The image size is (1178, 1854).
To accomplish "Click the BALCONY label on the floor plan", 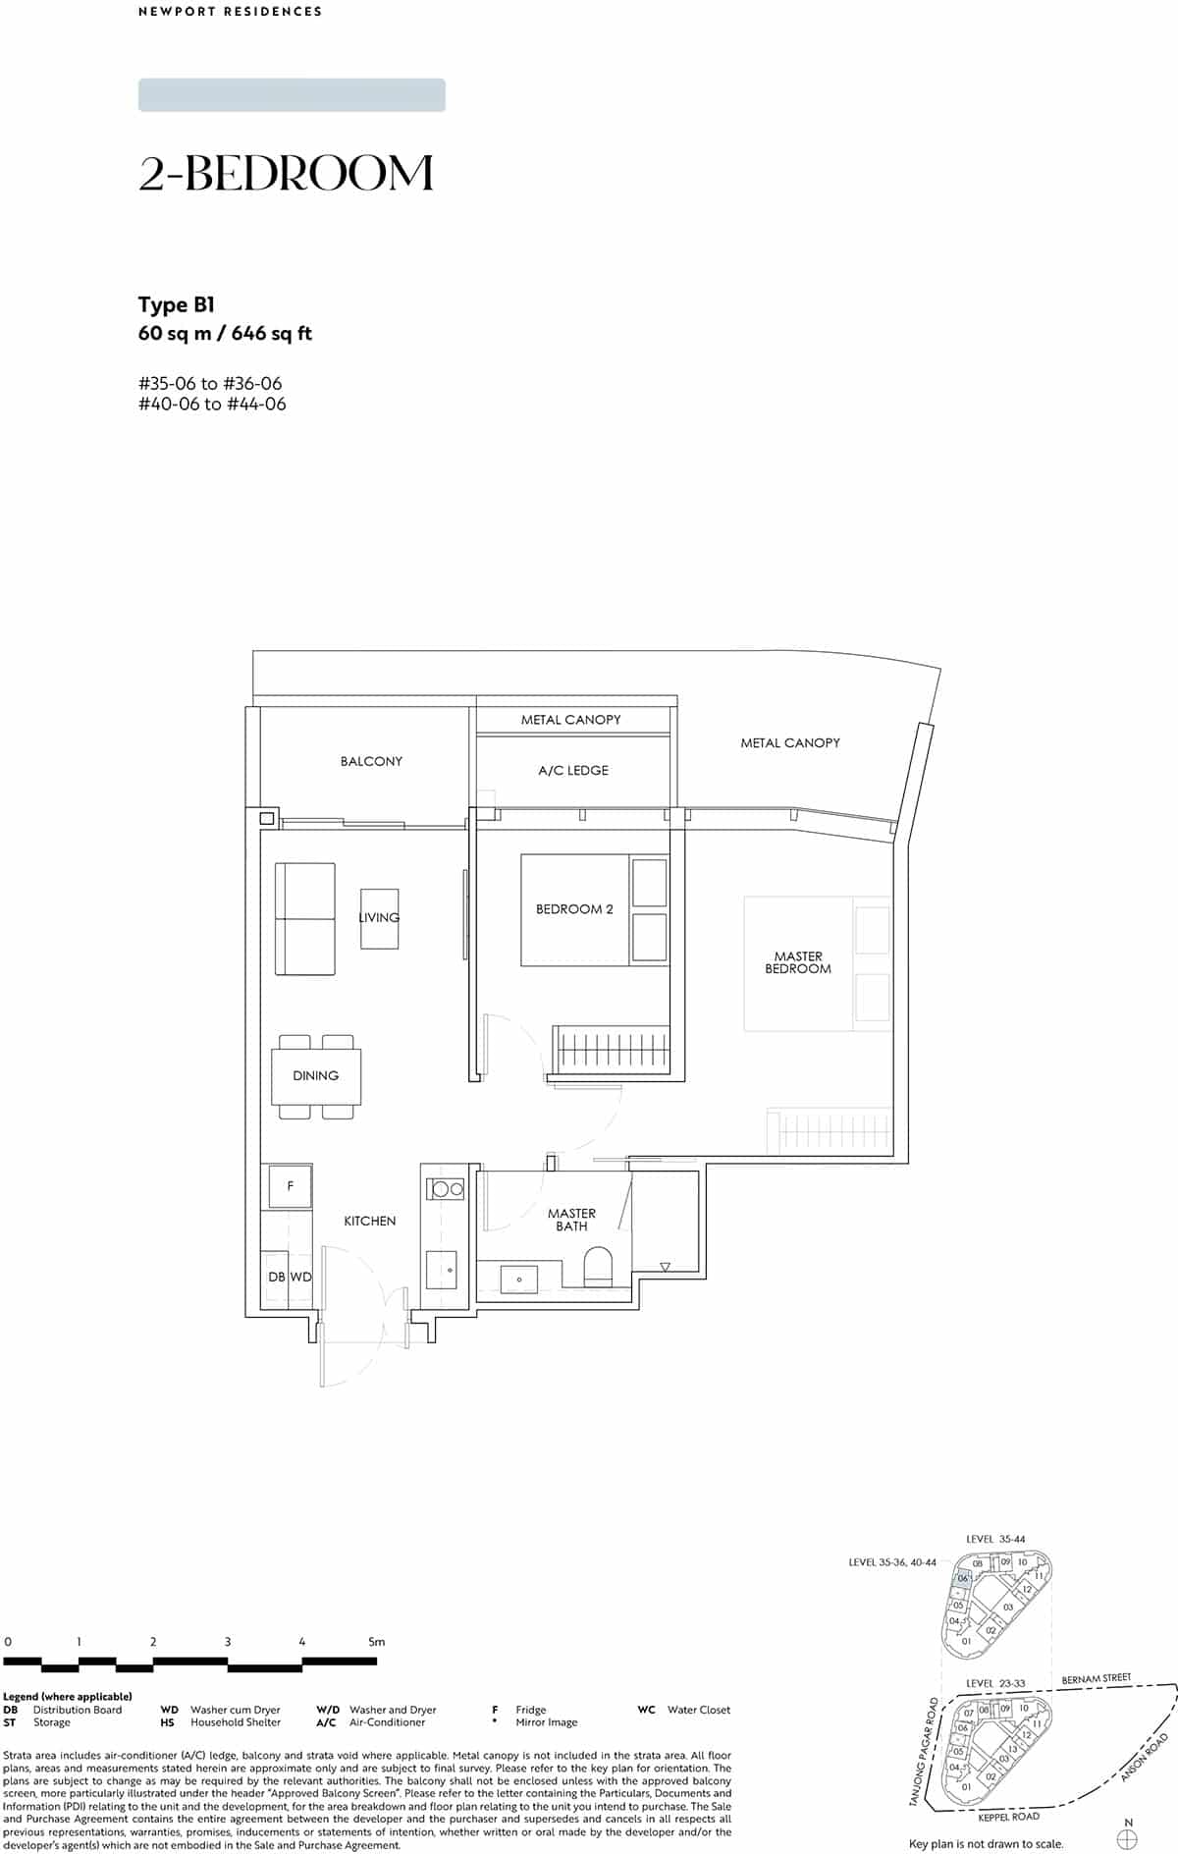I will tap(371, 761).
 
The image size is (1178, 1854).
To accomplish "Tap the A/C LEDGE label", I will tap(573, 771).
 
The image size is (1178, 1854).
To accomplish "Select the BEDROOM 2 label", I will tap(574, 909).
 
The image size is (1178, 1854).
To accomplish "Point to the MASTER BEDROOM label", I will tap(798, 962).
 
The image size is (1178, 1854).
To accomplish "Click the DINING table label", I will tap(315, 1076).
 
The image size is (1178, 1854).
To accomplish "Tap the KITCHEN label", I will tap(370, 1222).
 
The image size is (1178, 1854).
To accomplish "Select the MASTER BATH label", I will tap(571, 1220).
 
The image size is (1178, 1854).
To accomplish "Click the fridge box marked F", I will tap(291, 1186).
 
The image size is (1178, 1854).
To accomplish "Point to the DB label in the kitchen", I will tap(276, 1278).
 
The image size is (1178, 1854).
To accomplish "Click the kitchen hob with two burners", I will tap(448, 1189).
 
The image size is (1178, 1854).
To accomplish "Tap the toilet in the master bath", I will tap(598, 1268).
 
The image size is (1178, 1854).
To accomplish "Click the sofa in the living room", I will tap(305, 919).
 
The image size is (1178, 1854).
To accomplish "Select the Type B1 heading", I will tap(177, 304).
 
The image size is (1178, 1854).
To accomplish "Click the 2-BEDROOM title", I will tap(286, 174).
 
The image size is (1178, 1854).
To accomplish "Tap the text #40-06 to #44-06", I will tap(212, 405).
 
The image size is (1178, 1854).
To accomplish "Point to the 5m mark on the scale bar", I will tap(376, 1641).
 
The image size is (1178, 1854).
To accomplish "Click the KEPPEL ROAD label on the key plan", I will tap(1008, 1817).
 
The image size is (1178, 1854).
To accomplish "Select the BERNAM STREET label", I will tap(1096, 1679).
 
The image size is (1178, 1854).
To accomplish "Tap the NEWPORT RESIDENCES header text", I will tap(230, 12).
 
